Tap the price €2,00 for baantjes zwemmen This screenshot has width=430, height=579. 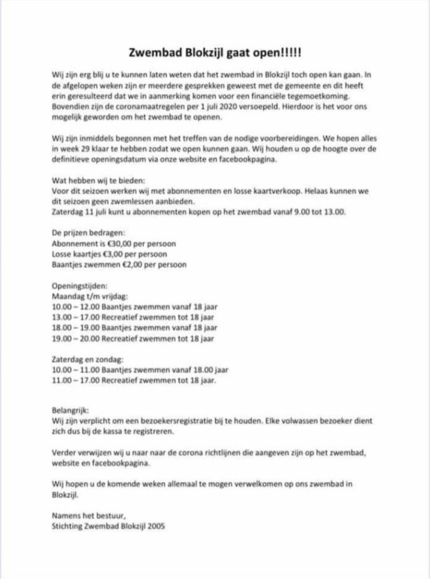coord(131,265)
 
